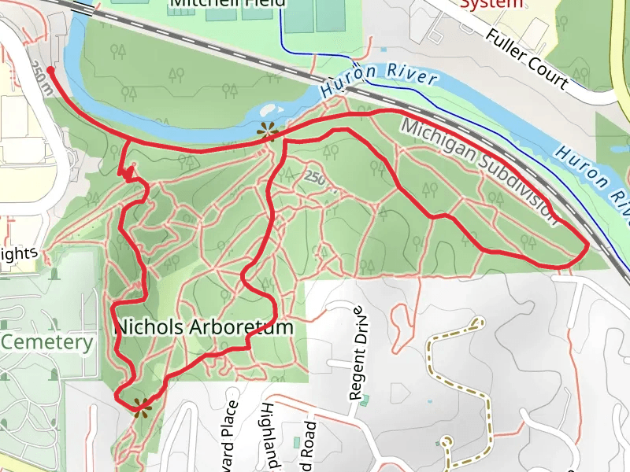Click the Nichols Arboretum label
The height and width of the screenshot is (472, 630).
[205, 326]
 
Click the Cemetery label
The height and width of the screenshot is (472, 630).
[46, 342]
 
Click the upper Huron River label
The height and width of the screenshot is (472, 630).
[379, 78]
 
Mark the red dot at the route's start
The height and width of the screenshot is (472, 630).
[51, 70]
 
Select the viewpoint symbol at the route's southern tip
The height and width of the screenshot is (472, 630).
[142, 407]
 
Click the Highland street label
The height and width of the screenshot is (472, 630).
[268, 437]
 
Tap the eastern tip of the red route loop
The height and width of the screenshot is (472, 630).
[587, 249]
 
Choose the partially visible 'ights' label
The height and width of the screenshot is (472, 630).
[19, 253]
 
